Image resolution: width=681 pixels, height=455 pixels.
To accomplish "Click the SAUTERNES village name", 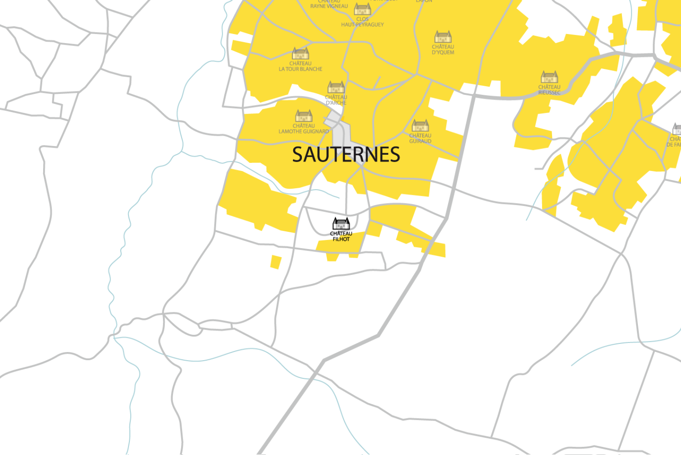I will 346,155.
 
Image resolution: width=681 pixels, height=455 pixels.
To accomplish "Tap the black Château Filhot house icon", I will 341,224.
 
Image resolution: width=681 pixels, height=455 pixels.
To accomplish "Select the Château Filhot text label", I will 341,236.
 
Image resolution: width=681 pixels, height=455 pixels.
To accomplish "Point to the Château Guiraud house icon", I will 420,125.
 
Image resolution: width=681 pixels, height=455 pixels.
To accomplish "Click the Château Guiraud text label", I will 420,138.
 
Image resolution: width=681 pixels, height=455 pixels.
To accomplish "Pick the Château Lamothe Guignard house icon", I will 304,116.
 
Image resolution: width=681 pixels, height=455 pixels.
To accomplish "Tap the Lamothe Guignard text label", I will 304,129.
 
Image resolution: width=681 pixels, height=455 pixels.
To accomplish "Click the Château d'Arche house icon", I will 336,87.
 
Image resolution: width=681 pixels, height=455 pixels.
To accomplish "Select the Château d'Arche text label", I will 336,100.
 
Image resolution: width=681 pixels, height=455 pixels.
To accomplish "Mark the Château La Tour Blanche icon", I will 300,53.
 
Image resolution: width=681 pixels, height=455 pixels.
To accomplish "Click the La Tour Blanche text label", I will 300,67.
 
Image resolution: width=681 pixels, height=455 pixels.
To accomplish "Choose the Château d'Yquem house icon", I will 443,37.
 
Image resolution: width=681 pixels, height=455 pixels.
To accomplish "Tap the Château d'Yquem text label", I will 443,50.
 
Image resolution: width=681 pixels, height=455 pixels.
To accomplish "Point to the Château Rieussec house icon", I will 549,77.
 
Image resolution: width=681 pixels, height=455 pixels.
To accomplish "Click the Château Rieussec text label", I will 549,90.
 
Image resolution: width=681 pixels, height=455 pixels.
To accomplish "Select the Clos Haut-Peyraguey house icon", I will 362,9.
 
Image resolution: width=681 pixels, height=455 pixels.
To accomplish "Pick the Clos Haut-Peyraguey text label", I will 362,22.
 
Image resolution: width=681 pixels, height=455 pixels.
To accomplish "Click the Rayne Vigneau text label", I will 329,6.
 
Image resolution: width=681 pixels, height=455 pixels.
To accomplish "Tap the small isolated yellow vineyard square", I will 276,262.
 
